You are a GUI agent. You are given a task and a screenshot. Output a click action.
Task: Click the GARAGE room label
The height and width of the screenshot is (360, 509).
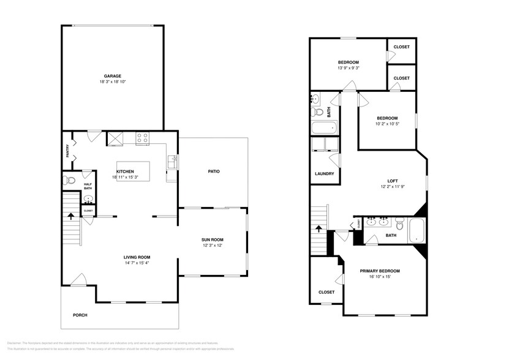click(x=112, y=76)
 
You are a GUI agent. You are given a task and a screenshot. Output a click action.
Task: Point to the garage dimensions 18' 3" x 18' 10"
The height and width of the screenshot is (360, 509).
click(x=112, y=82)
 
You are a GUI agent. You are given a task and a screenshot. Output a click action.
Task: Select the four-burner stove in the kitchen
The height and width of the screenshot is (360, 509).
click(x=142, y=139)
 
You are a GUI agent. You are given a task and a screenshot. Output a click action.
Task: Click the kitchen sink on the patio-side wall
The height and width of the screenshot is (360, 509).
click(x=173, y=162)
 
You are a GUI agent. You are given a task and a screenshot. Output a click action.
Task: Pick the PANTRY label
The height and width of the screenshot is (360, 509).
click(x=67, y=151)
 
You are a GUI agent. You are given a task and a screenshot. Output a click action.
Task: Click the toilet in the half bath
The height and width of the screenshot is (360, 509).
click(x=69, y=181)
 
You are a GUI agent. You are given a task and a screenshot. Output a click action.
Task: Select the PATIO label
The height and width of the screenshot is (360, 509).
click(x=213, y=171)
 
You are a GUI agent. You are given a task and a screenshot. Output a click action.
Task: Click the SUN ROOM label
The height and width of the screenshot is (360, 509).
click(x=213, y=239)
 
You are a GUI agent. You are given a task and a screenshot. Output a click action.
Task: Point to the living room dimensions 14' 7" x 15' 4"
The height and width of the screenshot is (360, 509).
click(x=137, y=263)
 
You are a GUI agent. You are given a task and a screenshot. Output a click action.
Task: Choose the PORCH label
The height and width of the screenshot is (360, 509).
click(x=80, y=315)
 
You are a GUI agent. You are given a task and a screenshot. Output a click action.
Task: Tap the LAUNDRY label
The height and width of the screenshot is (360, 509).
click(x=324, y=173)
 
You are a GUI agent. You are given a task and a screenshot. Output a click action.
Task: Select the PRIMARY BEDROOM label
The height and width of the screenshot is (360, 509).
click(x=380, y=271)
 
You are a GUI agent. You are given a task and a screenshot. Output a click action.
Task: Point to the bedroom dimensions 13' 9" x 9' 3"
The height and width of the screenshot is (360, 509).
click(x=349, y=68)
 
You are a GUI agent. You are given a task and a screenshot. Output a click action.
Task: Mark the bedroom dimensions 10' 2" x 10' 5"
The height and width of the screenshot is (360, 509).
click(x=387, y=124)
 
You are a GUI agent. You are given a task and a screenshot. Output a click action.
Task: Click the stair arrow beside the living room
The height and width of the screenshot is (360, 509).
click(x=71, y=216)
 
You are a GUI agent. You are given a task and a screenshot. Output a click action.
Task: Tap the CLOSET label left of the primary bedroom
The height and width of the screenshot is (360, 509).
click(x=326, y=292)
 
